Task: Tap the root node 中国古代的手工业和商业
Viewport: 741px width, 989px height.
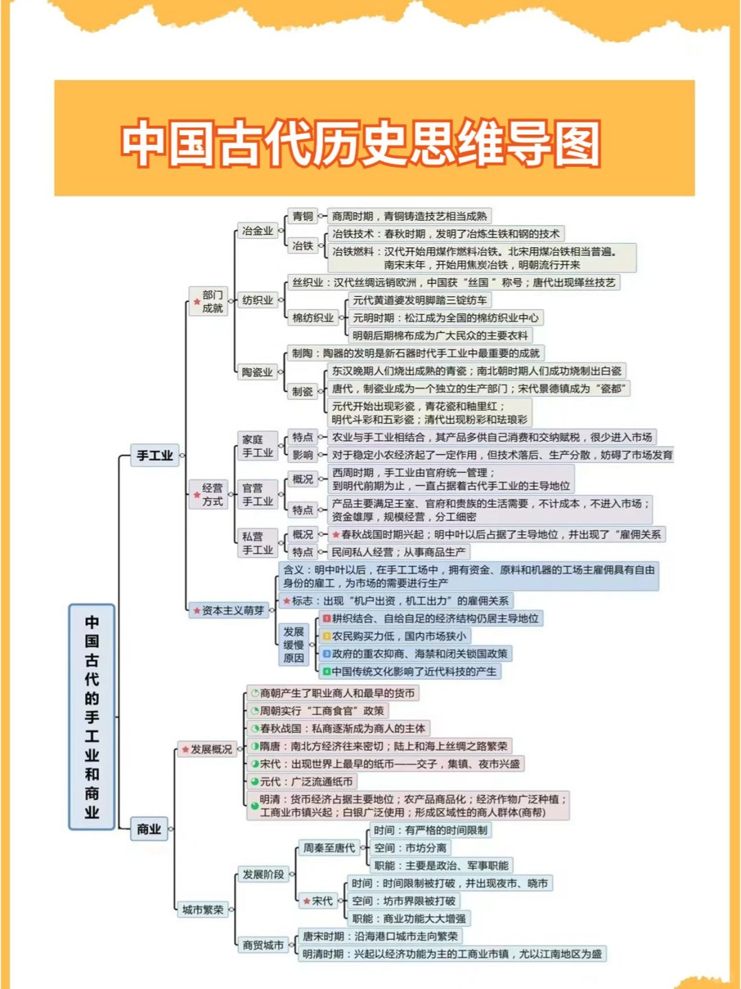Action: pos(92,717)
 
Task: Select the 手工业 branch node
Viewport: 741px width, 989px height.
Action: pos(154,455)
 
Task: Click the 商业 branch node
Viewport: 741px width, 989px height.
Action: pos(149,829)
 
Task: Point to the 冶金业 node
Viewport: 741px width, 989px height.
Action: pos(257,231)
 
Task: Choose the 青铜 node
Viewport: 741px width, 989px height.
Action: pos(303,216)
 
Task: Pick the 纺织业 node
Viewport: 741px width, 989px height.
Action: pos(257,300)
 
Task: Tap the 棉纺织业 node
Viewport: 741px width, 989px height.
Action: pos(313,318)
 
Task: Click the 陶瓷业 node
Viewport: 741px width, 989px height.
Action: pos(257,372)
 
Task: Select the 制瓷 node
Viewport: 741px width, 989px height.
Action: pos(303,391)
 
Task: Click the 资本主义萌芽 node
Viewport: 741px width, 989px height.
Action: pos(232,610)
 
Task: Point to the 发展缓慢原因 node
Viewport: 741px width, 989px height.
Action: pos(294,645)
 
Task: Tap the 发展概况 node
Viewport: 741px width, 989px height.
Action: pos(210,749)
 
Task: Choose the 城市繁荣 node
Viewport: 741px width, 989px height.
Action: pos(202,910)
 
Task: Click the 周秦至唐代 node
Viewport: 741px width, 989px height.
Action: pos(329,848)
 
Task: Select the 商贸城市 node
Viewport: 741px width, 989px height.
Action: pos(263,946)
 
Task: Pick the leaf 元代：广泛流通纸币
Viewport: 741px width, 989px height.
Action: pos(305,782)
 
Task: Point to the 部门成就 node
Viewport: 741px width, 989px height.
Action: pos(211,302)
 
